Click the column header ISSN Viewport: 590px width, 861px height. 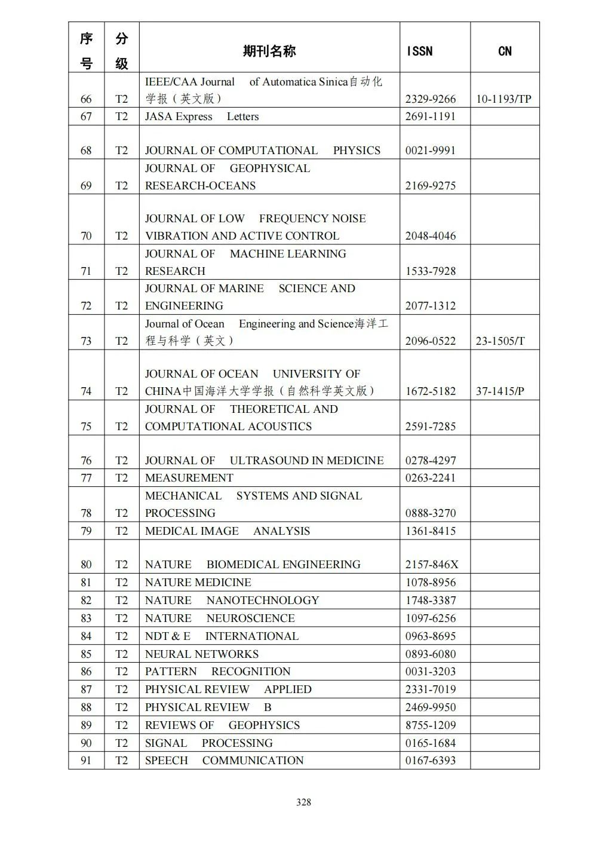tap(419, 51)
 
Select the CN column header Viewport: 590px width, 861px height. tap(505, 51)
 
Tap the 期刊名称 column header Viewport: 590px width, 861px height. tap(269, 51)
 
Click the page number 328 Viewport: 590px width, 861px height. tap(303, 802)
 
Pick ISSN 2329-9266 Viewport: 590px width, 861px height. tap(430, 99)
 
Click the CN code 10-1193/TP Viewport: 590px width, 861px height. tap(503, 99)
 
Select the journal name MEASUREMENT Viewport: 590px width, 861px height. tap(189, 478)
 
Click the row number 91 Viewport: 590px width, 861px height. tap(86, 761)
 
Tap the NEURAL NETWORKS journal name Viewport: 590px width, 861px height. tap(202, 654)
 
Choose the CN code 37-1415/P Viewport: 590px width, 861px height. tap(500, 391)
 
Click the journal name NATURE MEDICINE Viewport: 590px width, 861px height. tap(198, 583)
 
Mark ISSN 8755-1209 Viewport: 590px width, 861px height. tap(430, 725)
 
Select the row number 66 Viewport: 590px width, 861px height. tap(86, 99)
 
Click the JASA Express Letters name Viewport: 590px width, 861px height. tap(202, 117)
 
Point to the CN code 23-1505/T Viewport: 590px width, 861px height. tap(500, 341)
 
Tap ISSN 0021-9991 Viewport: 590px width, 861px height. tap(430, 151)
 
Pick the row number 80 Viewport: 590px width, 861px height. tap(86, 565)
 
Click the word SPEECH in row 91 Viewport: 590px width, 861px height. tap(167, 761)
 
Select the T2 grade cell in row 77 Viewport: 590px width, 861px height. tap(121, 478)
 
